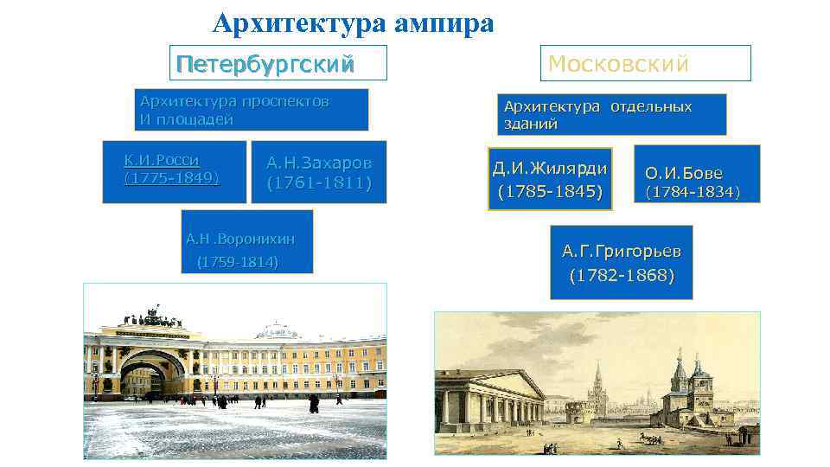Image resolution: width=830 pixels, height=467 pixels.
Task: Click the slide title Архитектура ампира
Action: point(353,22)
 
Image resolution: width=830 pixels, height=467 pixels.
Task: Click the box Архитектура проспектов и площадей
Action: point(252,110)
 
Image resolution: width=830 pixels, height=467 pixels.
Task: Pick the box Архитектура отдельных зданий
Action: point(611,115)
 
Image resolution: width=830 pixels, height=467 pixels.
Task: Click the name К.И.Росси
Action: point(163,160)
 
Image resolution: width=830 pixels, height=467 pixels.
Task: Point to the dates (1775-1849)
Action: point(172,178)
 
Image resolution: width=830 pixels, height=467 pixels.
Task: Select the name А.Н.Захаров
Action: point(319,163)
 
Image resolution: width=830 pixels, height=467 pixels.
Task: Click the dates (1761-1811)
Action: point(319,183)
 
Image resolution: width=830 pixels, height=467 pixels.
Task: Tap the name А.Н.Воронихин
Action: point(240,239)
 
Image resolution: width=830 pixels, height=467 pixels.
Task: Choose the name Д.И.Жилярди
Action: point(550,168)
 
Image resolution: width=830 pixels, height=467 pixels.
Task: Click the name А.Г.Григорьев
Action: point(621,252)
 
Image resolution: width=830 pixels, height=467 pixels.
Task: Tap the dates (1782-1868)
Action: point(621,276)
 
